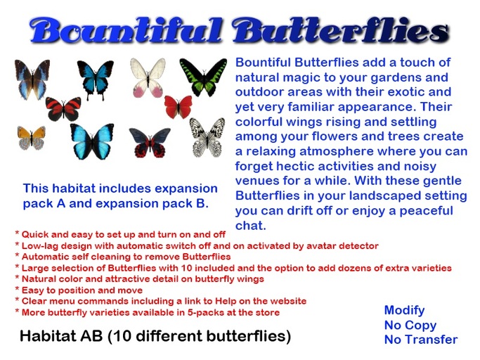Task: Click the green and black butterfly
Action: tap(203, 77)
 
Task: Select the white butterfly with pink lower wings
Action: tap(148, 77)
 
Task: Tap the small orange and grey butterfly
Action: tap(31, 137)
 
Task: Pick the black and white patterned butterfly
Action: tap(207, 137)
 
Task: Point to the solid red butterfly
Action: tap(179, 107)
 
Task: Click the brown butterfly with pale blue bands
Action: tap(32, 79)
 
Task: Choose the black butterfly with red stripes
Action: tap(63, 109)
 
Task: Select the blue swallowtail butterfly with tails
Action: tap(95, 79)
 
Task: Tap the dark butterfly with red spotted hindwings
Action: tap(149, 142)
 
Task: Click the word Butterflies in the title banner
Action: tap(340, 31)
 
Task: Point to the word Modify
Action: tap(404, 310)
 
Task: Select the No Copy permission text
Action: tap(410, 325)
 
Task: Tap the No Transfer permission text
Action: tap(420, 340)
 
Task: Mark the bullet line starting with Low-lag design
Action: tap(197, 246)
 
